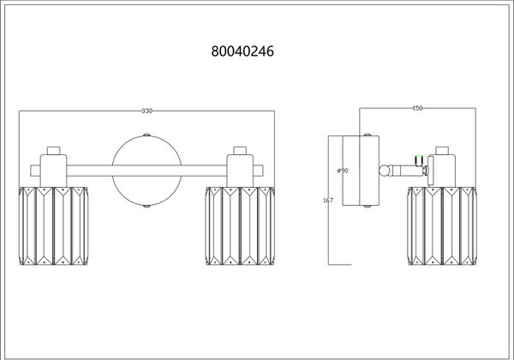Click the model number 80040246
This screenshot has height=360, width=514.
[242, 51]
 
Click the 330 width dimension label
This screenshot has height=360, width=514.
[146, 111]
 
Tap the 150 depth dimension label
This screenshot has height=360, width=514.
[417, 108]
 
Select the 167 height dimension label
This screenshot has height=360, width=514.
[328, 200]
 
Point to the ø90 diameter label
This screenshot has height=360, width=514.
[343, 171]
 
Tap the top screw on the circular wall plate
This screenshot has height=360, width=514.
[146, 135]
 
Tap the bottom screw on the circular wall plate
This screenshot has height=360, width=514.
[146, 207]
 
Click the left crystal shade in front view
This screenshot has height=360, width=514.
[53, 226]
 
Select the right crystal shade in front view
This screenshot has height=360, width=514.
[240, 226]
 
